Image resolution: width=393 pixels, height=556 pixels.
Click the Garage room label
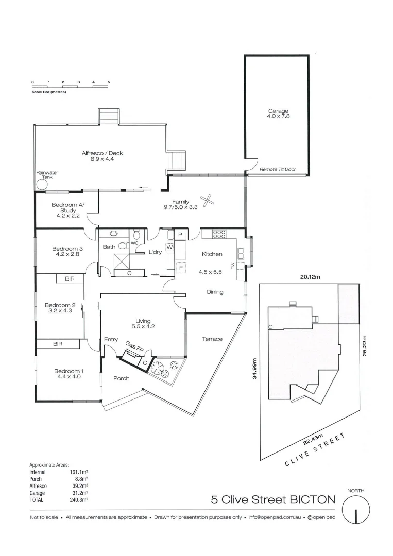click(278, 114)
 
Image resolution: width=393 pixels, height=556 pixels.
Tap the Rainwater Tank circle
click(41, 184)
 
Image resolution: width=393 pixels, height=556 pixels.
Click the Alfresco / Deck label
click(102, 156)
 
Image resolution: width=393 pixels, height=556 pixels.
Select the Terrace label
click(212, 339)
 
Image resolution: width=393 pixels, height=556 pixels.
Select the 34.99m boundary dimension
click(254, 369)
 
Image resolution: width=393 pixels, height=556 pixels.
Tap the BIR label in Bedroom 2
click(70, 279)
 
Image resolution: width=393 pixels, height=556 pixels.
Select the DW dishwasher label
click(233, 266)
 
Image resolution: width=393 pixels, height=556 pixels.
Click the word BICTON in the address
click(311, 499)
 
